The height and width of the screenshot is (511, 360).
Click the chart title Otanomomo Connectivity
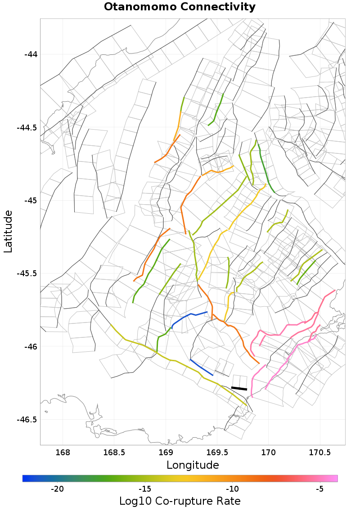click(x=180, y=7)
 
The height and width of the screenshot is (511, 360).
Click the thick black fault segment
click(x=239, y=388)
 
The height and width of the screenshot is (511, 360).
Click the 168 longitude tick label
click(x=63, y=452)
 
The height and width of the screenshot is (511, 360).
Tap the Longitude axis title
click(x=193, y=465)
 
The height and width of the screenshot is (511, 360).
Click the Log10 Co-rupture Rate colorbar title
click(x=180, y=501)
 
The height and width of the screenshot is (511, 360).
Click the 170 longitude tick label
click(x=269, y=452)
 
